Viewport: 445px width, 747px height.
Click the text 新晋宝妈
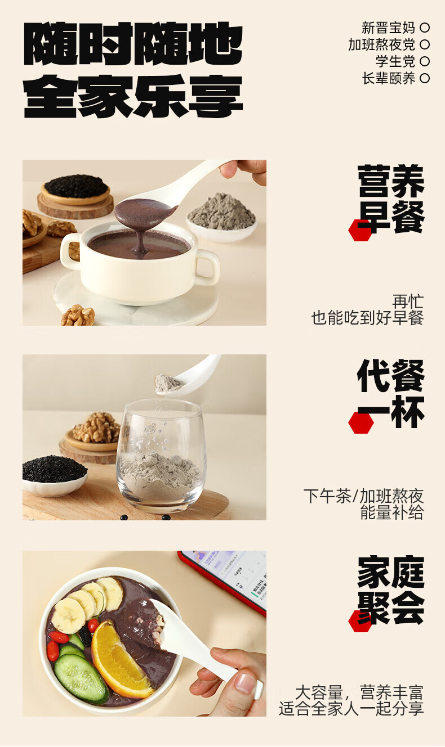click(x=388, y=28)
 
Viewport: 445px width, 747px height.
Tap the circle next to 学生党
click(x=425, y=61)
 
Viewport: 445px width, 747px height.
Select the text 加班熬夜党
click(x=381, y=44)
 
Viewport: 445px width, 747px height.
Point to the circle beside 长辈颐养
click(x=425, y=78)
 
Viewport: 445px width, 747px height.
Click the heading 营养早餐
click(x=391, y=199)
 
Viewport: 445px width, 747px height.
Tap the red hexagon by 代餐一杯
click(x=361, y=422)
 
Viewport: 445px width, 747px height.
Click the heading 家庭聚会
click(x=391, y=591)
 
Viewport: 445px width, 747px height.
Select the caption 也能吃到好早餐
click(x=368, y=318)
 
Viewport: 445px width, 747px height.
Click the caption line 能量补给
click(x=392, y=512)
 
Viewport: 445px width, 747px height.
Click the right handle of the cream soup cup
click(x=207, y=267)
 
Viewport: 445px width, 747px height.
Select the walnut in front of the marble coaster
click(x=78, y=315)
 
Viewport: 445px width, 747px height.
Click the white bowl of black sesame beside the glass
click(x=55, y=475)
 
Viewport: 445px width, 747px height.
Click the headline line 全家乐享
click(x=133, y=96)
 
